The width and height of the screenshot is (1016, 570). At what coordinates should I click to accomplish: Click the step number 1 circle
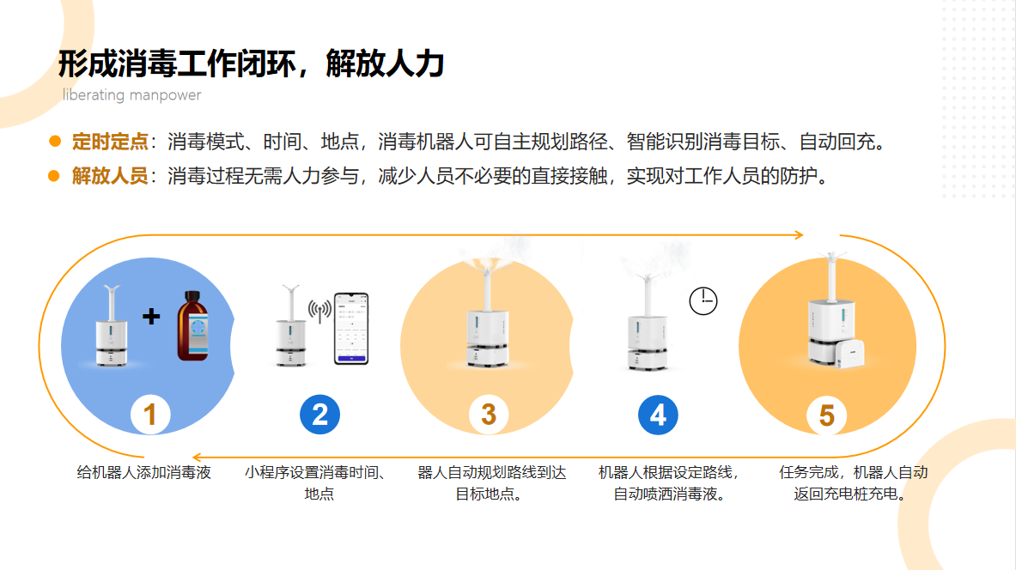[150, 415]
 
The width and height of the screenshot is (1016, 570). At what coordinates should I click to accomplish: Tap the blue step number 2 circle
[320, 415]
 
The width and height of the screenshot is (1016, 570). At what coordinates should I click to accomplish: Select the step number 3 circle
[489, 415]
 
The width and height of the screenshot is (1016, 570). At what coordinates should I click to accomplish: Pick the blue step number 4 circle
[658, 415]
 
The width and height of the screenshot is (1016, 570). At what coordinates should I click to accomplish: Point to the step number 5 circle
[827, 415]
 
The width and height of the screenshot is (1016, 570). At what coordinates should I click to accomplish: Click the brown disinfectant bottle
[193, 326]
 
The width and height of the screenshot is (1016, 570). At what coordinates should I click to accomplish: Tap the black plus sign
[152, 316]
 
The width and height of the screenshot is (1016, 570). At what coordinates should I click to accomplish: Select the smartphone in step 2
[351, 329]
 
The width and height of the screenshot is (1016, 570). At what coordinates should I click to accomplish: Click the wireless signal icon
[320, 310]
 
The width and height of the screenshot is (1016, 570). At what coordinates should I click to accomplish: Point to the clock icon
[703, 301]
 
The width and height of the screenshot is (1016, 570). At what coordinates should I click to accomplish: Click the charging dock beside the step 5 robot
[849, 354]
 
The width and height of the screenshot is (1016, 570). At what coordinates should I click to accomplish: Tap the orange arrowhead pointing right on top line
[800, 235]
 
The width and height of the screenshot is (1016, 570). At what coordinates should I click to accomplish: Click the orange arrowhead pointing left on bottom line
[198, 458]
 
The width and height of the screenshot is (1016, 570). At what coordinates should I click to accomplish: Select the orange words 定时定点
[110, 141]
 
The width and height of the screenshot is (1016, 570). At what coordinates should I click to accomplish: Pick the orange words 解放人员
[110, 175]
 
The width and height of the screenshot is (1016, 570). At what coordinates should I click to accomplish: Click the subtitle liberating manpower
[131, 95]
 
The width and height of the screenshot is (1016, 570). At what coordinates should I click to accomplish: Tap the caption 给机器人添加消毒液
[143, 473]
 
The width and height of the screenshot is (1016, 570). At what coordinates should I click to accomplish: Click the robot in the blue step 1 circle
[111, 326]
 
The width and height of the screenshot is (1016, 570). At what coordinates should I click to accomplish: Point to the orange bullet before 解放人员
[54, 175]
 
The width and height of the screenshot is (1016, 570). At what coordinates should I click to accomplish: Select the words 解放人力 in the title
[385, 64]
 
